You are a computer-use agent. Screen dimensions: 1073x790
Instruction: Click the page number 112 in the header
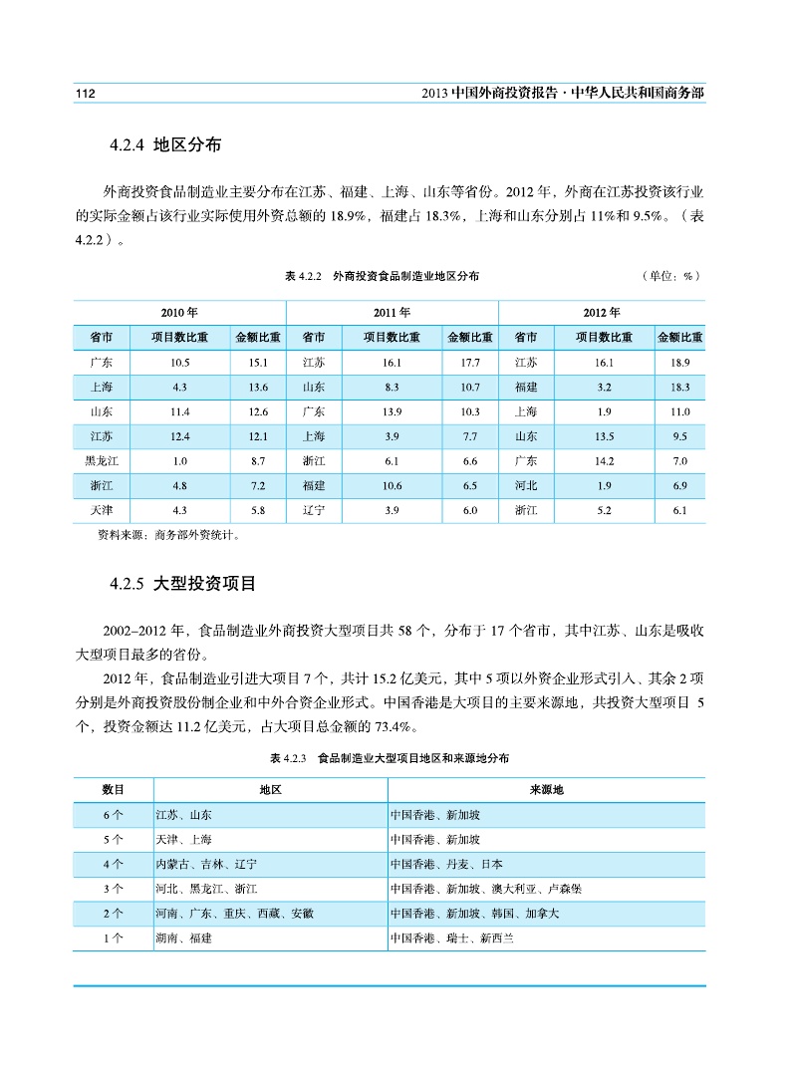click(85, 93)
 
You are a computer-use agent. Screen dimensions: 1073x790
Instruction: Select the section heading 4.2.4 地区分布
click(164, 145)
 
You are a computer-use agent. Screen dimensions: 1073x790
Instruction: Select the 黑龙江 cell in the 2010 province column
click(101, 461)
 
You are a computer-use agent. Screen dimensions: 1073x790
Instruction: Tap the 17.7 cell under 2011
click(470, 362)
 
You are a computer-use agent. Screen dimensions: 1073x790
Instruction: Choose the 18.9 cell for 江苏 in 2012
click(680, 362)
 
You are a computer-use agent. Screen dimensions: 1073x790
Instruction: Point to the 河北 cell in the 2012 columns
click(527, 486)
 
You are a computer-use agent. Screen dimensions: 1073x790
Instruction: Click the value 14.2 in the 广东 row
click(604, 461)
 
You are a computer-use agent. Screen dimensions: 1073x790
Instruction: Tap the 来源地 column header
click(546, 789)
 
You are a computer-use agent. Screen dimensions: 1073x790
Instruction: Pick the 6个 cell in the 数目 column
click(113, 814)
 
